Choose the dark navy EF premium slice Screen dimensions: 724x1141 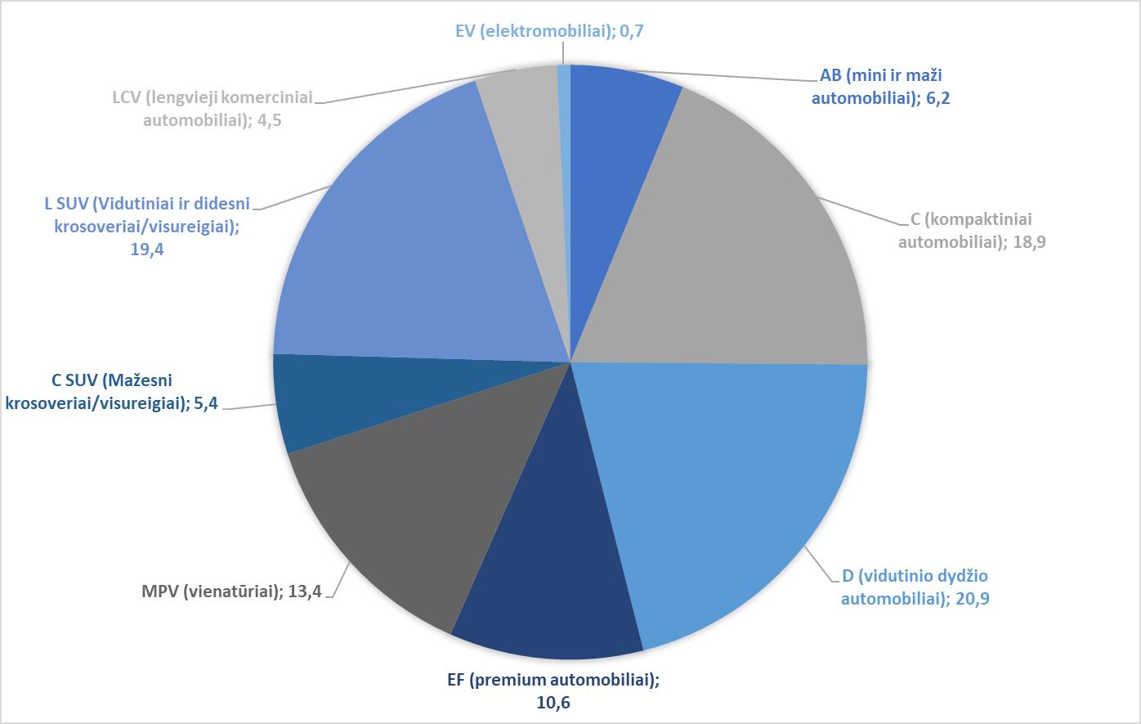(548, 589)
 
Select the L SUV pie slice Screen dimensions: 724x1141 (409, 245)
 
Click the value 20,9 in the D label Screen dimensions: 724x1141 (973, 598)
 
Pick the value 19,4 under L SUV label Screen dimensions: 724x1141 (147, 250)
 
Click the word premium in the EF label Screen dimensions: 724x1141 (538, 680)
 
